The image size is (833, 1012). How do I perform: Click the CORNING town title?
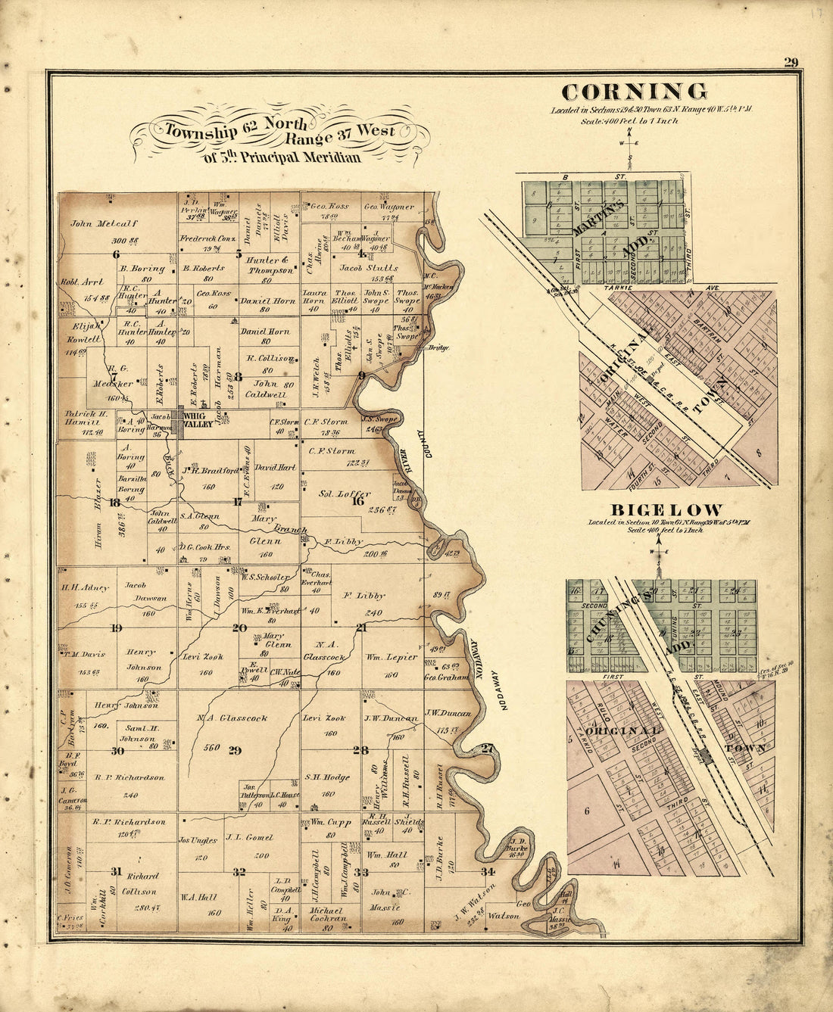(x=635, y=92)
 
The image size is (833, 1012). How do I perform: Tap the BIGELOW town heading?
(x=656, y=510)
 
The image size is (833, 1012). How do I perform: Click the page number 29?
(x=791, y=62)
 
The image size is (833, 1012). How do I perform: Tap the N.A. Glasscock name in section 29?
(x=232, y=718)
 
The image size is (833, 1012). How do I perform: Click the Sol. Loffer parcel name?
(x=345, y=493)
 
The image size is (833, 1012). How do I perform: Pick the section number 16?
(x=357, y=500)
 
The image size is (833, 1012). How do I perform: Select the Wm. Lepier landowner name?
(x=392, y=657)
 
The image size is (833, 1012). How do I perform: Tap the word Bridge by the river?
(x=438, y=348)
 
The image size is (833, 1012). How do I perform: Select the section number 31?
(x=115, y=872)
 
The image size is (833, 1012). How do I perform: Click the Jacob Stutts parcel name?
(x=369, y=268)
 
